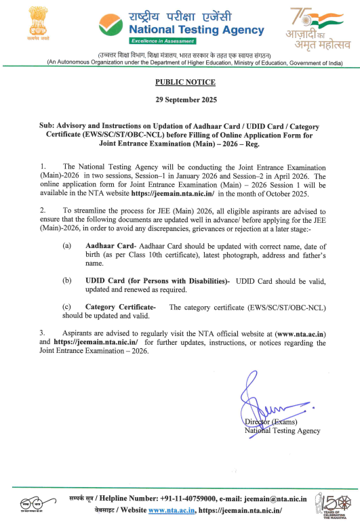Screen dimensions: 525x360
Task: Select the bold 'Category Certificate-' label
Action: [121, 308]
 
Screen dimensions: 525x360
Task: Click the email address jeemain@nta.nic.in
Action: [279, 499]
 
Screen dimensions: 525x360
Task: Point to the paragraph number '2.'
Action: [43, 211]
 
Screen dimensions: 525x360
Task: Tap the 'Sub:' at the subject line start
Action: [49, 126]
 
